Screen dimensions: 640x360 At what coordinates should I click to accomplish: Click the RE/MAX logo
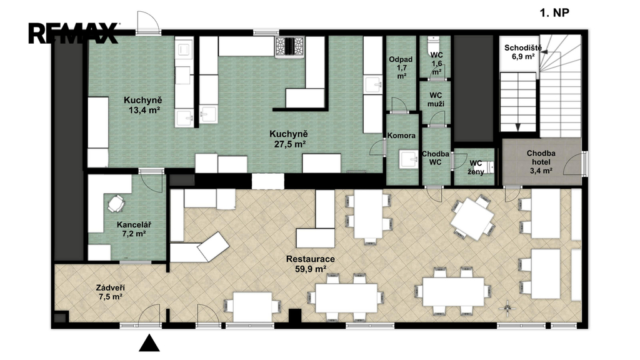click(74, 33)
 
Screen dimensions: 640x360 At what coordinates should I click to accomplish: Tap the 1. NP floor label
click(554, 12)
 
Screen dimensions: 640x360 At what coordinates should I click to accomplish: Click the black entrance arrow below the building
click(149, 343)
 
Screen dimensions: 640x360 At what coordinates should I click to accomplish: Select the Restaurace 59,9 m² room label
click(310, 264)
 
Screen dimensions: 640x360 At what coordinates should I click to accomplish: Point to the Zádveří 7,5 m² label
click(111, 292)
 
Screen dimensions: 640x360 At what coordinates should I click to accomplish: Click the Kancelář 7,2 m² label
click(134, 229)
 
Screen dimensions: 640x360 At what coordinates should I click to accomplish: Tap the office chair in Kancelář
click(116, 203)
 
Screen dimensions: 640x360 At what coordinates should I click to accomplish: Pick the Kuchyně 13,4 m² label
click(143, 104)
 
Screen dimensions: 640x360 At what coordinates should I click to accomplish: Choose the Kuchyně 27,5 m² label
click(288, 139)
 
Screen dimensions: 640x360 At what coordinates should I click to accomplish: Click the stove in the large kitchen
click(290, 46)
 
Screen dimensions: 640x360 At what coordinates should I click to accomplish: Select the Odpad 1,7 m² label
click(401, 67)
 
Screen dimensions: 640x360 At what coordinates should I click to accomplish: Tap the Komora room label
click(402, 136)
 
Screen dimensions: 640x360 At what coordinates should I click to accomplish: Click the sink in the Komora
click(409, 159)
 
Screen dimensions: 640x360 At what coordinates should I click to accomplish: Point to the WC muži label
click(436, 100)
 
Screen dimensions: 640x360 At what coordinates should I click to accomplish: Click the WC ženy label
click(476, 167)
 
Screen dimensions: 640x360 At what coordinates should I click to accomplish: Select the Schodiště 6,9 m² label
click(523, 52)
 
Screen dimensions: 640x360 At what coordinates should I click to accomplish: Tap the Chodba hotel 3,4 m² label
click(541, 162)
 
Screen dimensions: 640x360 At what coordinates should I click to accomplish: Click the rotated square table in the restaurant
click(472, 217)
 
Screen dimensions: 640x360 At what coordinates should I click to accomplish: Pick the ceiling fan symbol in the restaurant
click(507, 309)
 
